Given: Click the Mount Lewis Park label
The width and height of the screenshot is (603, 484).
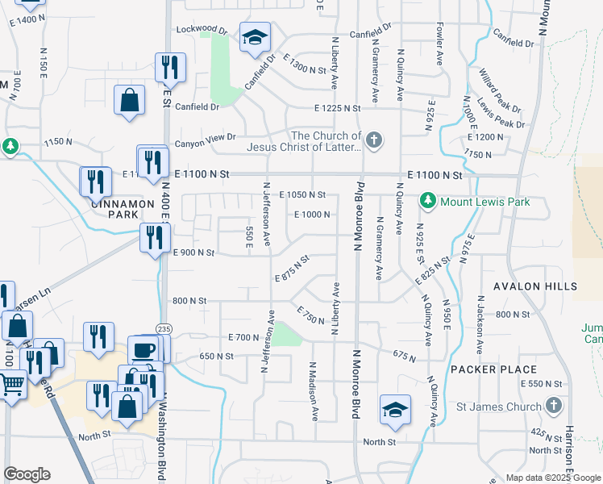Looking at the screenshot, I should [x=484, y=202].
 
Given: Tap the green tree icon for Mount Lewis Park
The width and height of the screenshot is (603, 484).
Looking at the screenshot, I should [x=427, y=201].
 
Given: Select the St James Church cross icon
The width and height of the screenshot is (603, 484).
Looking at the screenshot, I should [x=553, y=405].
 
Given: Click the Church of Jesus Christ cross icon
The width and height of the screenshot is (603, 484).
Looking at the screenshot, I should [x=372, y=141].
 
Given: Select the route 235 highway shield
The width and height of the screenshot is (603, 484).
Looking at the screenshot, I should [x=164, y=328].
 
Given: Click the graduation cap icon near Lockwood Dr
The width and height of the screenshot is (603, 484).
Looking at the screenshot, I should [x=255, y=37].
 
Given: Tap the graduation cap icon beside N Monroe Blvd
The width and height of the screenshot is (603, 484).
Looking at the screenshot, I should [x=395, y=409].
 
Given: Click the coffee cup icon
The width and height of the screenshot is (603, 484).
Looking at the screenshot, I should [x=144, y=350].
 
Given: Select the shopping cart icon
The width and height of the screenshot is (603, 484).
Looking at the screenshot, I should [x=12, y=385].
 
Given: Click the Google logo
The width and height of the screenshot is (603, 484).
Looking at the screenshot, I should [x=27, y=474].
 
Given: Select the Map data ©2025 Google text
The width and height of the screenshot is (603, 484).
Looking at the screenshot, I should [x=552, y=478].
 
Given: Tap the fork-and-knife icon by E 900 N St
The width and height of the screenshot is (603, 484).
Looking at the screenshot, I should [x=154, y=237].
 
